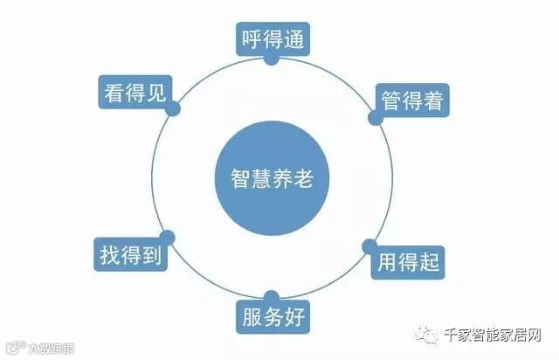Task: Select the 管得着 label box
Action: click(x=413, y=100)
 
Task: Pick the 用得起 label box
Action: click(x=408, y=261)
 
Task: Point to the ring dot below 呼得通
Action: click(x=273, y=59)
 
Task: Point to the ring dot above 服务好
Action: click(x=273, y=297)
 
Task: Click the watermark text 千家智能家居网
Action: click(x=493, y=336)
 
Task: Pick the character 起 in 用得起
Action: click(x=431, y=261)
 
